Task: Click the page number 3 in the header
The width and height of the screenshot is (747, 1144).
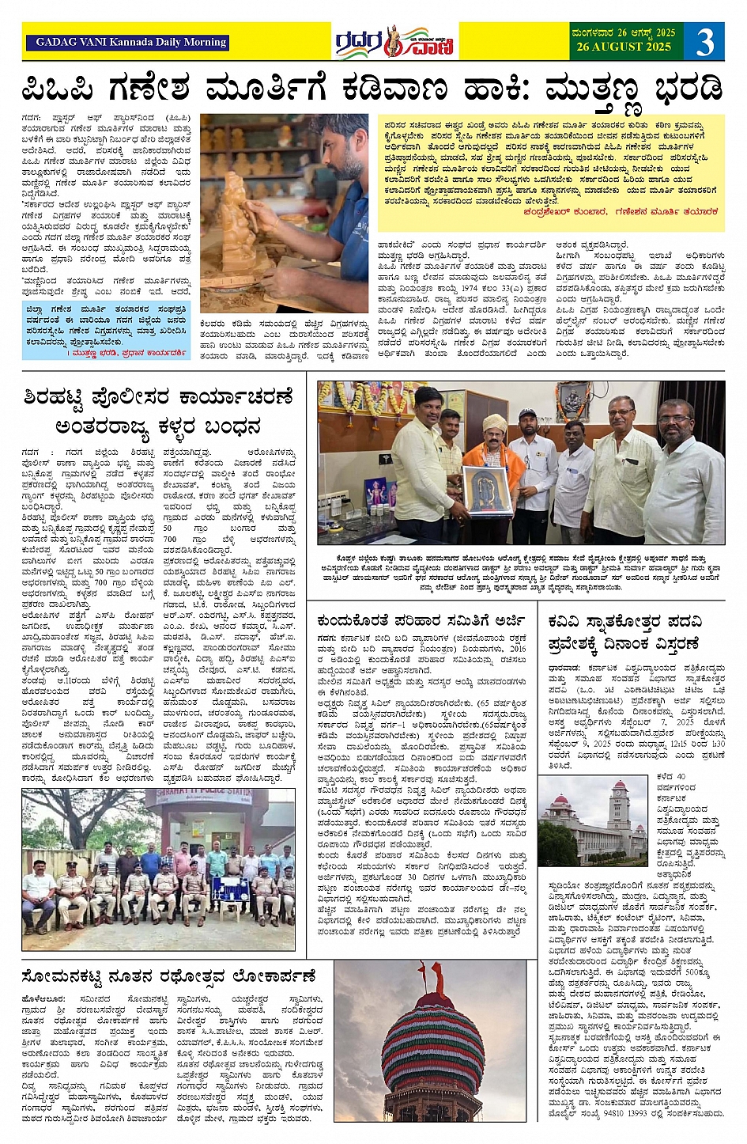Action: click(704, 41)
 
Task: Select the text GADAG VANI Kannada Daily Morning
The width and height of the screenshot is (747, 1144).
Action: click(131, 43)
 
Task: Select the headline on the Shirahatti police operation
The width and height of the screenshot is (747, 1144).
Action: click(159, 411)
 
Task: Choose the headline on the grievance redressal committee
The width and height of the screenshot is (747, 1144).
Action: click(421, 621)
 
